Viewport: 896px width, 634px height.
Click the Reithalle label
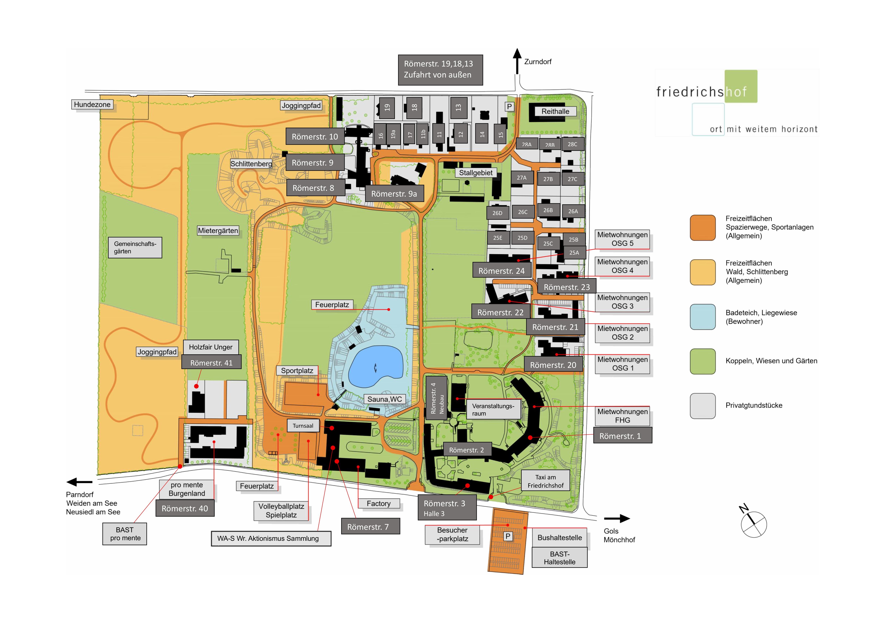pos(555,111)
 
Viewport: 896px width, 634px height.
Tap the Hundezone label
pos(92,105)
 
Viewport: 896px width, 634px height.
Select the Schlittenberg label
pos(251,164)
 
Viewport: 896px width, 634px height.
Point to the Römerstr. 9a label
pos(394,194)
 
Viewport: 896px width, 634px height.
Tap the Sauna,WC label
pos(384,399)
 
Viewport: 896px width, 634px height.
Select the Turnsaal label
pos(303,426)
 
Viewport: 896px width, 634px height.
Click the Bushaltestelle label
pos(559,538)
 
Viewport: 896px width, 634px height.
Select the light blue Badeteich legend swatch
pos(702,317)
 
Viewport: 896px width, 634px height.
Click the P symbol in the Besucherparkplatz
pos(508,536)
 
